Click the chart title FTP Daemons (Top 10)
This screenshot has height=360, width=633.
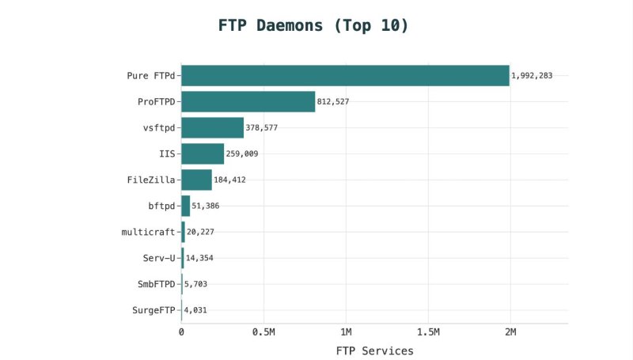coord(313,25)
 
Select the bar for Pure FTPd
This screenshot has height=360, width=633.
coord(345,75)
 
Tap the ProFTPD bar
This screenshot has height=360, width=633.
coord(248,101)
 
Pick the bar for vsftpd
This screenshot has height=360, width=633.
coord(212,127)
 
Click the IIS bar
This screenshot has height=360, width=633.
coord(203,153)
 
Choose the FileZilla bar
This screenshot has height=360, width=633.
coord(196,180)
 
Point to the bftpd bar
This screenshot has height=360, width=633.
coord(186,206)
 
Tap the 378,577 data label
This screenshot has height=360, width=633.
coord(261,128)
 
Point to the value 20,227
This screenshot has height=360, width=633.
coord(200,232)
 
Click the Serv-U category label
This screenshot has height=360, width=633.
coord(154,258)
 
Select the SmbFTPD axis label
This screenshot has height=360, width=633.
coord(151,284)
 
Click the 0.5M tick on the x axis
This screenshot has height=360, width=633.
coord(263,332)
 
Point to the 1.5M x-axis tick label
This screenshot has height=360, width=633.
coord(427,332)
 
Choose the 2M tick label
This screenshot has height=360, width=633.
coord(510,332)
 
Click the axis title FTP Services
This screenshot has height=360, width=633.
coord(374,351)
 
